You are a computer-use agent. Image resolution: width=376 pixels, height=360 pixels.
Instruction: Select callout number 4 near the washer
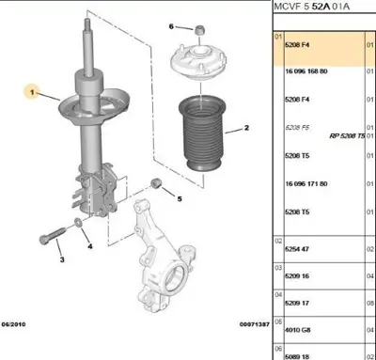click(90, 247)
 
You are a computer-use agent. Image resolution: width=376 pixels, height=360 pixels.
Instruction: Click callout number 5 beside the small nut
click(179, 198)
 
